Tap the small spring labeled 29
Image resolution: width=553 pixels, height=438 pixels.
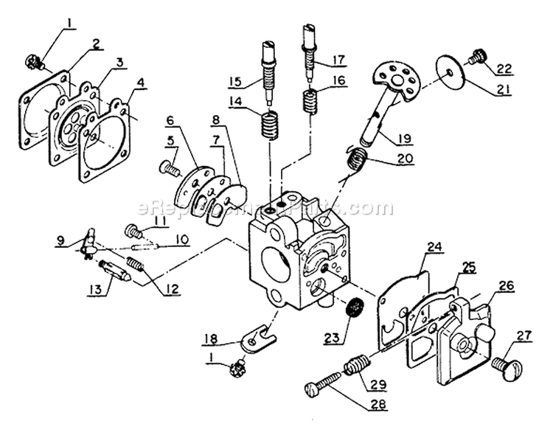point(358,364)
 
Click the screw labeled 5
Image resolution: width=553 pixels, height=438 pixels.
point(170,169)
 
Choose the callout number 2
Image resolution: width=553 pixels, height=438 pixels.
point(96,44)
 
